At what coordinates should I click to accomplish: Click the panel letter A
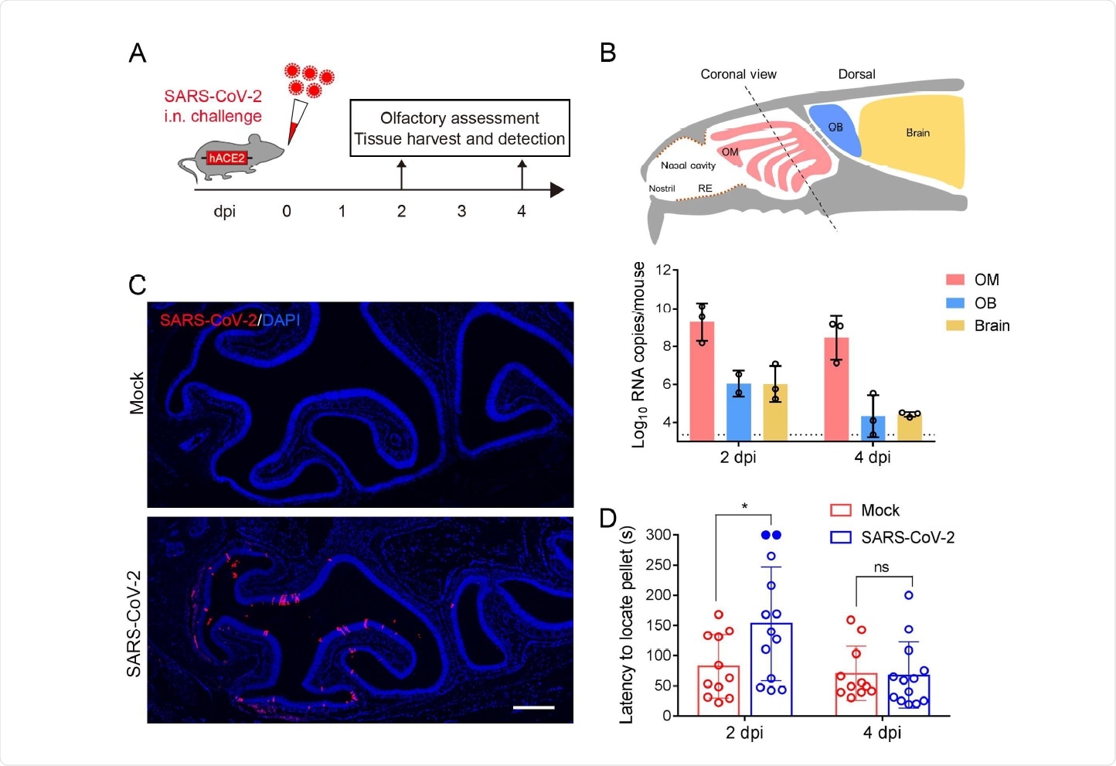click(x=138, y=53)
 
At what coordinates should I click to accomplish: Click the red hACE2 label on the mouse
click(x=226, y=158)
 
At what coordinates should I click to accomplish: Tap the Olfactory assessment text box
click(x=460, y=128)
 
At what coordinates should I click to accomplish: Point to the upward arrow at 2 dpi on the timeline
click(x=401, y=174)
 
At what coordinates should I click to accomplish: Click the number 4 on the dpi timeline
click(x=522, y=212)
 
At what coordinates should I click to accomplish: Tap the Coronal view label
click(x=738, y=74)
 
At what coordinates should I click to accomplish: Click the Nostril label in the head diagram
click(x=662, y=189)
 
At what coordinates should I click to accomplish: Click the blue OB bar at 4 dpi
click(x=873, y=428)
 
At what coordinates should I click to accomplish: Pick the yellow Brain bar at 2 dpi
click(x=775, y=412)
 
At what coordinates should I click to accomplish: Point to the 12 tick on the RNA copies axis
click(x=662, y=270)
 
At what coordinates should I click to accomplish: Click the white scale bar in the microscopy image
click(x=534, y=706)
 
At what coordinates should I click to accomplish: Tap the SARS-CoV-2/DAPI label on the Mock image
click(x=230, y=320)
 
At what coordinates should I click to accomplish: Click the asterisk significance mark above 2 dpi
click(x=744, y=507)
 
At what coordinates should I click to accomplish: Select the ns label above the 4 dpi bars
click(x=882, y=567)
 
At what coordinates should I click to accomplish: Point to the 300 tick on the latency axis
click(x=658, y=535)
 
